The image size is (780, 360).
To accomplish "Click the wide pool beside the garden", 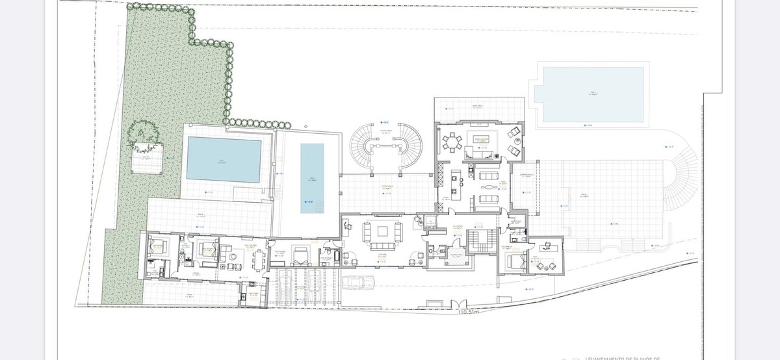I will pos(224,159).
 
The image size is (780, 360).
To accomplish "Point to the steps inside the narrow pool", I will pos(311,207).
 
